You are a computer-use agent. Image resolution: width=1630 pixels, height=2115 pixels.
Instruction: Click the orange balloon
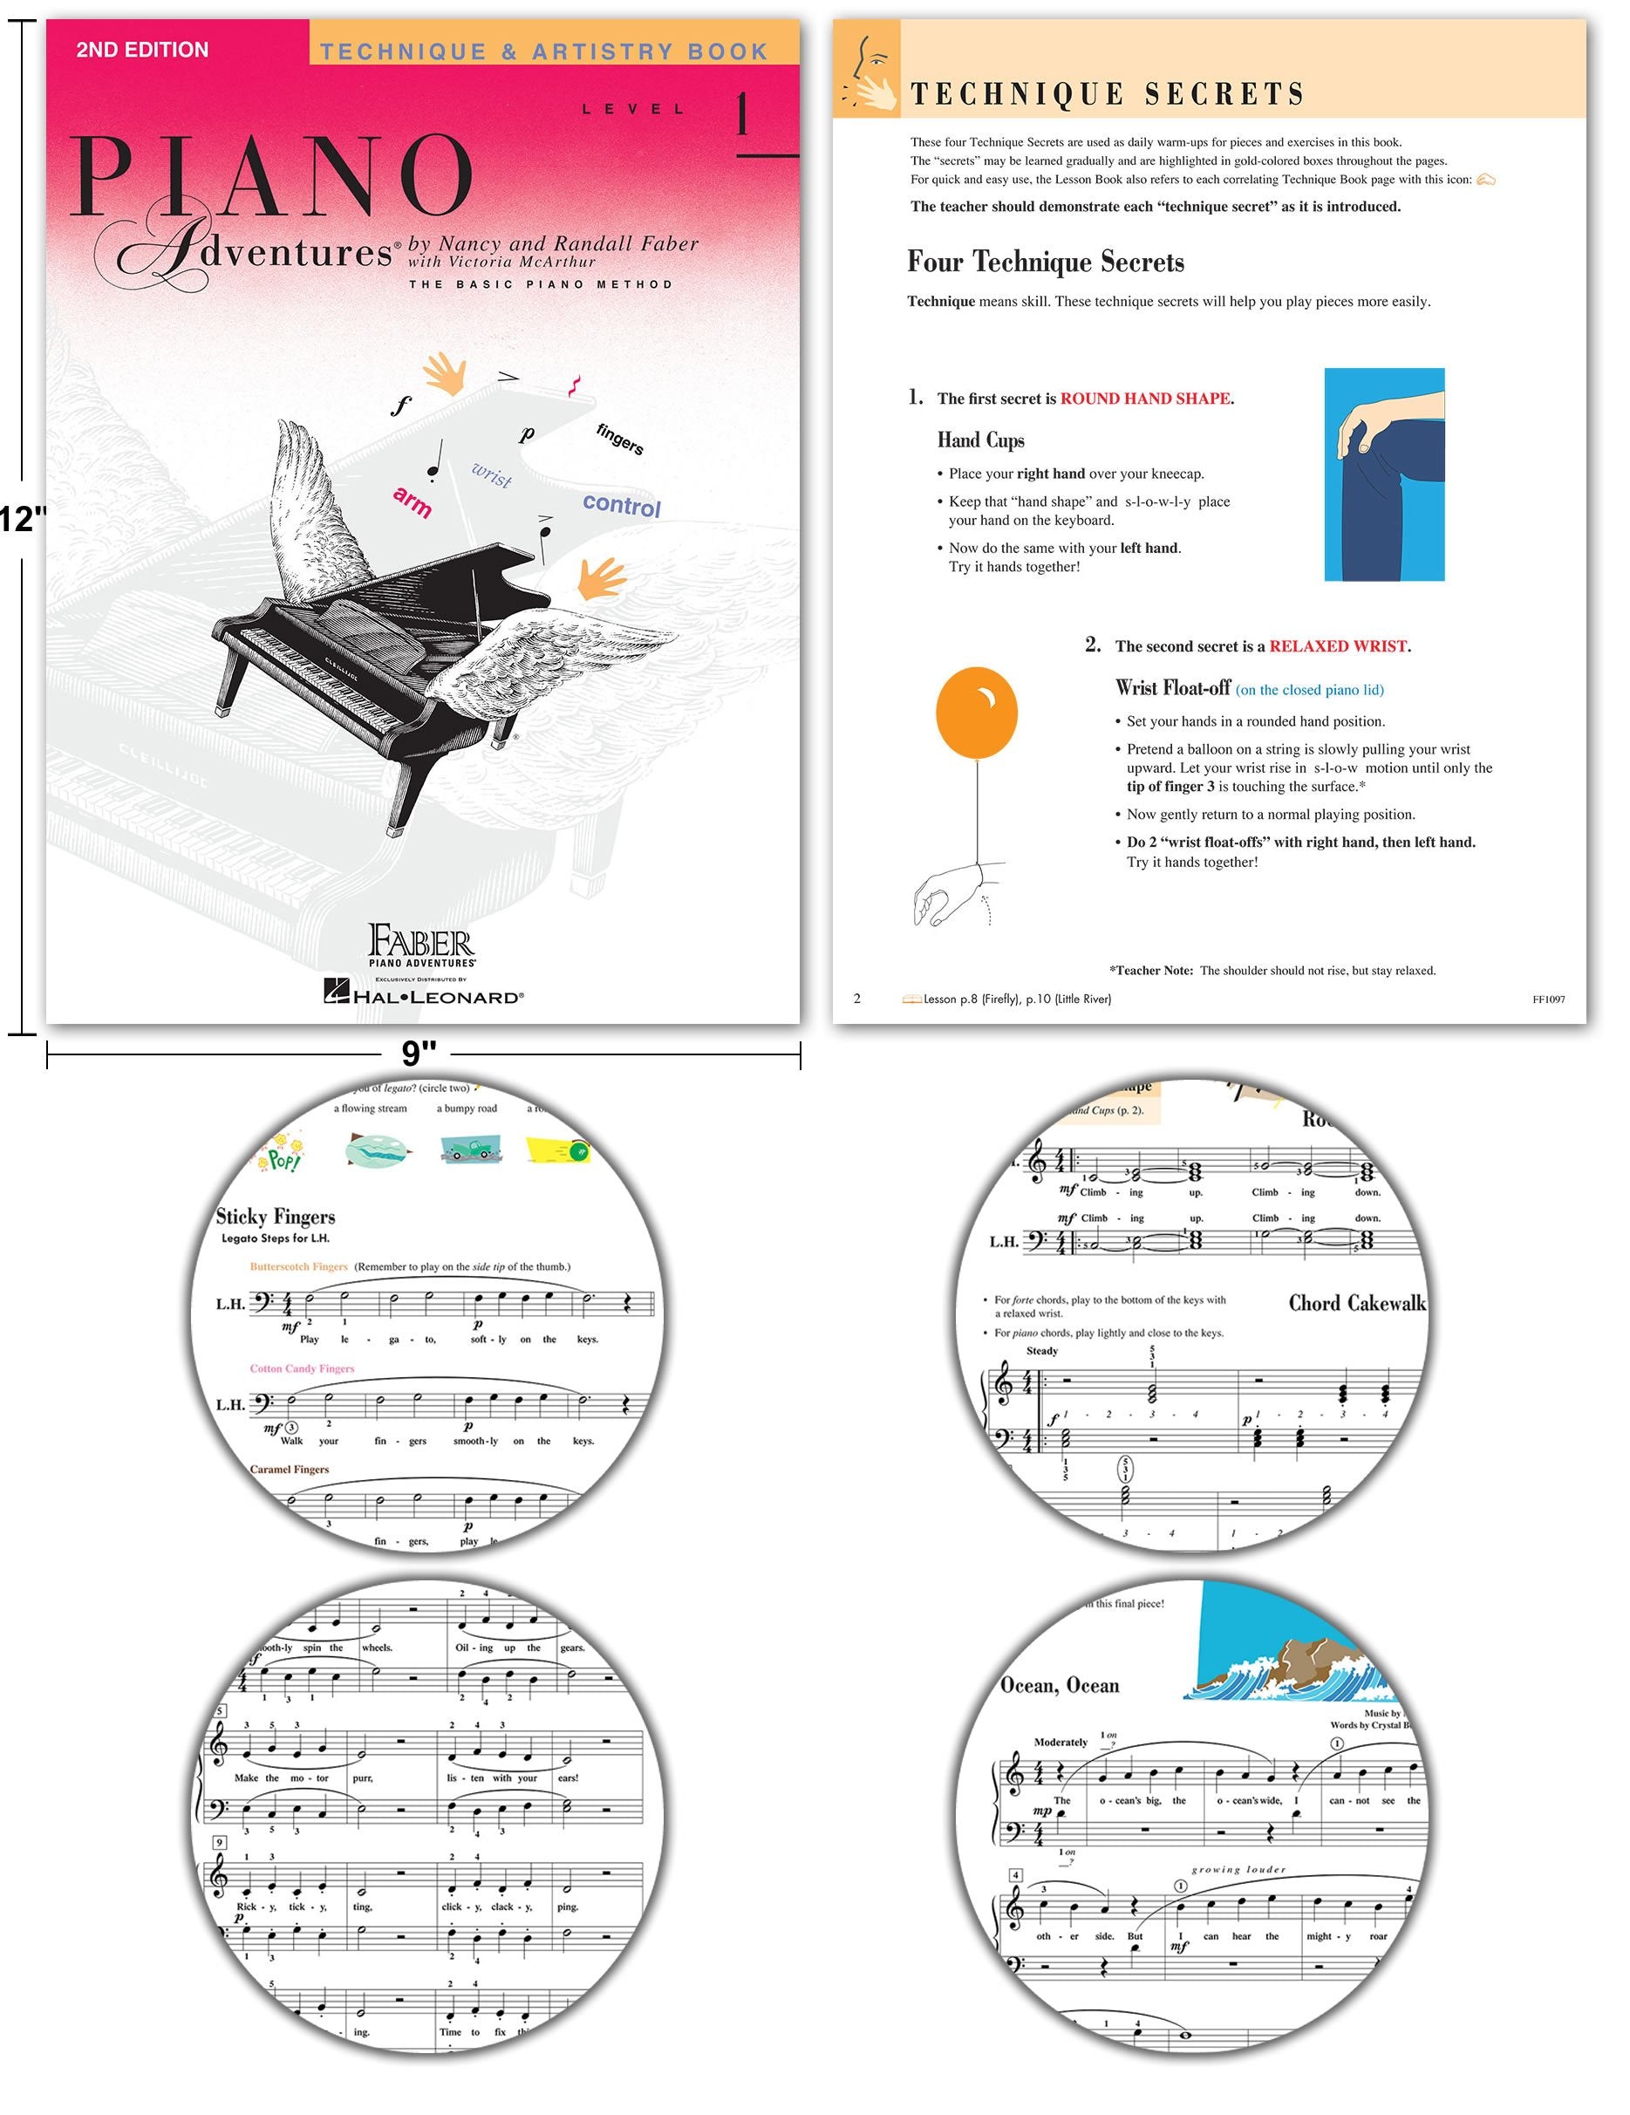(x=976, y=712)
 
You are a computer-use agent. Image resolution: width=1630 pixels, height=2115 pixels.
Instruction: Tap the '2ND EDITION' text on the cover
(x=141, y=50)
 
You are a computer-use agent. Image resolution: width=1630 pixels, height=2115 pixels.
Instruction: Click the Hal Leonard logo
(x=423, y=991)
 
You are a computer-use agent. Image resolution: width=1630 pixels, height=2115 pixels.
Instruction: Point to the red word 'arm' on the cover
(x=413, y=501)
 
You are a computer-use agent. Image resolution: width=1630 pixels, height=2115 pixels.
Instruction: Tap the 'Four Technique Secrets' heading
(x=1045, y=263)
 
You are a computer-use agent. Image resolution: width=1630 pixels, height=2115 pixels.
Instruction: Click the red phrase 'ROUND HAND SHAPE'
(x=1145, y=398)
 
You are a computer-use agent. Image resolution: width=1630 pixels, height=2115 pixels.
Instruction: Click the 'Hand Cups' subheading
(x=980, y=440)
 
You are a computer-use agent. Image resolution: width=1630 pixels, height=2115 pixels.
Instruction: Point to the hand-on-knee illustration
(x=1383, y=474)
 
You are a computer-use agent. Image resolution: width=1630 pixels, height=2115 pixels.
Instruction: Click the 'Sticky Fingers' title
(x=275, y=1217)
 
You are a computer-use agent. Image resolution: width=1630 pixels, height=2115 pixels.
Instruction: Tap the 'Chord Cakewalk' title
(x=1356, y=1304)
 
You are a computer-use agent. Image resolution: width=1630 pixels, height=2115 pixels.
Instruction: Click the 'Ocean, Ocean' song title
(x=1059, y=1686)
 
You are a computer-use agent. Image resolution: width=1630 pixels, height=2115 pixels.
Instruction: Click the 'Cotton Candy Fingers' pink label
(x=302, y=1368)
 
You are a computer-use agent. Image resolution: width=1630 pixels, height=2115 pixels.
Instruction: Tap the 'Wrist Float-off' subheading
(x=1172, y=688)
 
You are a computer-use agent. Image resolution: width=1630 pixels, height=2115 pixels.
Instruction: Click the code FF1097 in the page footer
(x=1548, y=1000)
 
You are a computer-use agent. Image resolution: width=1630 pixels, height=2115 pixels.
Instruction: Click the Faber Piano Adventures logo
(x=421, y=945)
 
